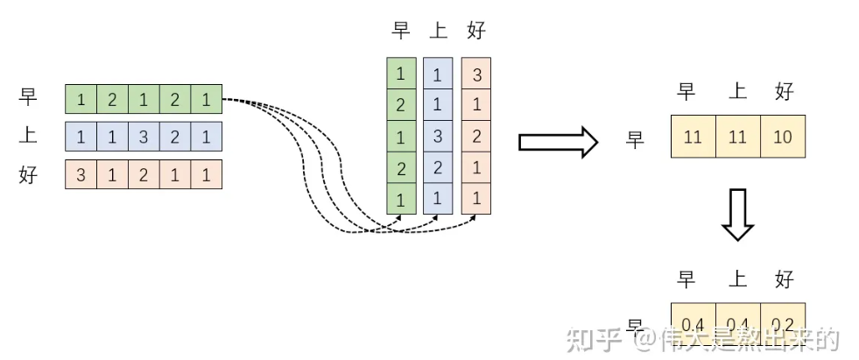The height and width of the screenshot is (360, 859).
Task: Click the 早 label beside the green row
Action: [28, 98]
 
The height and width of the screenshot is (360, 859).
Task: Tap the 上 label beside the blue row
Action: [28, 137]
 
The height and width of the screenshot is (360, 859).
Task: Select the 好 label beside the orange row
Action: [28, 174]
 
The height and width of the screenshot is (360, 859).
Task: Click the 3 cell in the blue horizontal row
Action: [144, 137]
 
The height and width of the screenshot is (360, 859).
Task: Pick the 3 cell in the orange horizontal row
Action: [81, 174]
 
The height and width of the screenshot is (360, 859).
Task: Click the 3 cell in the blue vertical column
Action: [437, 137]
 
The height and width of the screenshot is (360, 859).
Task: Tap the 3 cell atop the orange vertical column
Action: [475, 74]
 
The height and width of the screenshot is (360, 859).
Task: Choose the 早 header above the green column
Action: [401, 32]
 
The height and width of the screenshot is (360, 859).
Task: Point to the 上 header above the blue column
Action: [438, 32]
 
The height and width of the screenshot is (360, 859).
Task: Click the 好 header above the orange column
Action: [476, 32]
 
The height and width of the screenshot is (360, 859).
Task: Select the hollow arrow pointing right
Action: [557, 142]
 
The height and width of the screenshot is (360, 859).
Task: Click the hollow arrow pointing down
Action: [737, 216]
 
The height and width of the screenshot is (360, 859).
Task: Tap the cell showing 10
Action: [783, 138]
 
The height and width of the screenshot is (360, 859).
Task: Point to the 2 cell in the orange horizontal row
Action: [144, 174]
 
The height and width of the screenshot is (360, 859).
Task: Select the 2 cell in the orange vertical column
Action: [475, 137]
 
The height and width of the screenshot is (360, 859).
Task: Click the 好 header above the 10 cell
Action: [784, 91]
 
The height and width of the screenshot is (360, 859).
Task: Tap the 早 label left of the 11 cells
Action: [636, 138]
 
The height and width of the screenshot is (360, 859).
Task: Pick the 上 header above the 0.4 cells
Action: [737, 279]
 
